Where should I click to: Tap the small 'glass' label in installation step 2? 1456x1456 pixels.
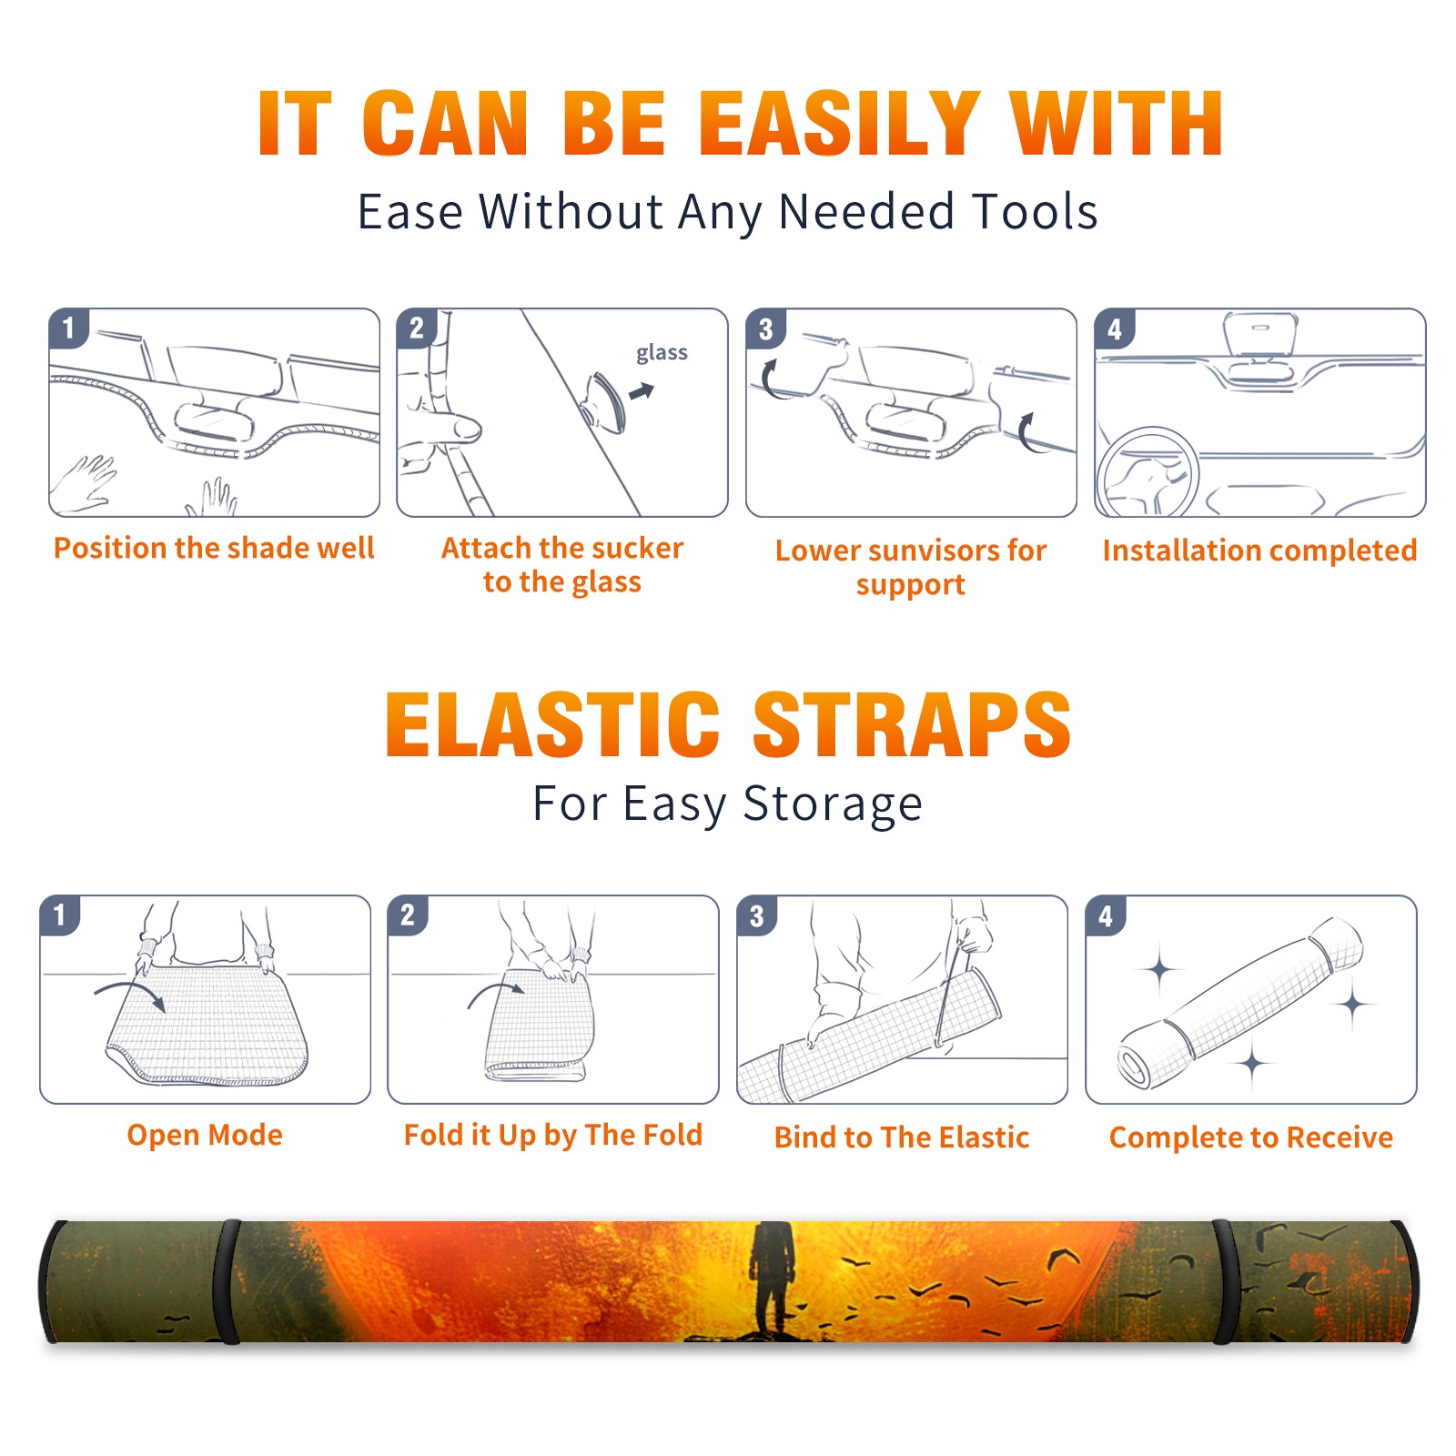point(662,353)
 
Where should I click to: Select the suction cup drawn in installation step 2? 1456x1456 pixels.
point(605,401)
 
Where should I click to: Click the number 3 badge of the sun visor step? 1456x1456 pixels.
point(765,329)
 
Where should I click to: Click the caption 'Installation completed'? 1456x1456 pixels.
point(1259,550)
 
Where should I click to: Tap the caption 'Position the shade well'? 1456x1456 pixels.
point(214,548)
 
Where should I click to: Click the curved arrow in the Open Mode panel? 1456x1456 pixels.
point(130,995)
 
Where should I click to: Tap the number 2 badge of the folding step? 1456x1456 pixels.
point(408,915)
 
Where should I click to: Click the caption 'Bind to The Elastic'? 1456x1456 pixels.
point(902,1137)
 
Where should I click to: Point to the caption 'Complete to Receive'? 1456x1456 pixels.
point(1251,1137)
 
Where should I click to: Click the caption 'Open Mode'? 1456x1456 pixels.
point(205,1135)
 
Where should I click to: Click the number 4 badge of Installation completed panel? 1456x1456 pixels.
point(1115,329)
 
